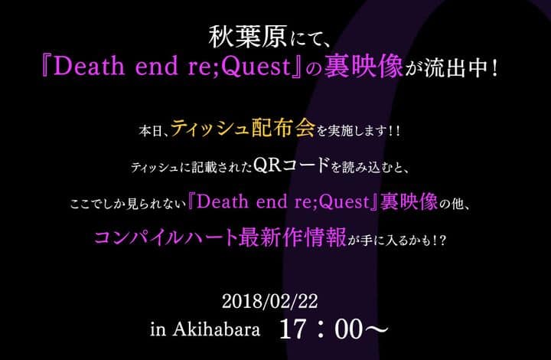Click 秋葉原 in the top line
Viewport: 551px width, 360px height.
pyautogui.click(x=248, y=38)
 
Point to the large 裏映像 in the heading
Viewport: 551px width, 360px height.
pyautogui.click(x=363, y=66)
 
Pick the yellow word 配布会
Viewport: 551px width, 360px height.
pyautogui.click(x=282, y=128)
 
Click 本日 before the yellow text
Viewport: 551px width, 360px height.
pyautogui.click(x=150, y=132)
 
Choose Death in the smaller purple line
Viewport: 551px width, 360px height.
pyautogui.click(x=223, y=201)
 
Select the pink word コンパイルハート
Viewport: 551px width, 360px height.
pyautogui.click(x=166, y=237)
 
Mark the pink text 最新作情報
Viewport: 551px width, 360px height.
pyautogui.click(x=292, y=237)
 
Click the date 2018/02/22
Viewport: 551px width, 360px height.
pyautogui.click(x=269, y=301)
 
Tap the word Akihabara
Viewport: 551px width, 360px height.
pyautogui.click(x=216, y=329)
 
